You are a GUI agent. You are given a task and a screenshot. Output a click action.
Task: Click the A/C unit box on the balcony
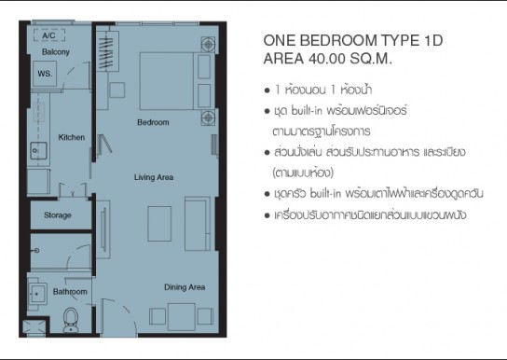[49, 35]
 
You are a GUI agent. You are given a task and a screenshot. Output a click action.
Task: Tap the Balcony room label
[56, 51]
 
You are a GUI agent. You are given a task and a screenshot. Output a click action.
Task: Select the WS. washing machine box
[45, 74]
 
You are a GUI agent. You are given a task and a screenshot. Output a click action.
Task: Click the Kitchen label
[72, 137]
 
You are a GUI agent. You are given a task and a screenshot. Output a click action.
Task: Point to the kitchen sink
[38, 151]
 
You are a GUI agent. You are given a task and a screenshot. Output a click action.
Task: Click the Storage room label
[58, 215]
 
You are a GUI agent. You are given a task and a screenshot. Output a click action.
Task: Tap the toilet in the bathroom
[71, 320]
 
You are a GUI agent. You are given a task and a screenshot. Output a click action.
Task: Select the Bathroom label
[70, 292]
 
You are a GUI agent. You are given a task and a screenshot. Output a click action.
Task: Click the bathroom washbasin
[37, 294]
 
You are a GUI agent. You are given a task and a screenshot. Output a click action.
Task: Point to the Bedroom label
[153, 122]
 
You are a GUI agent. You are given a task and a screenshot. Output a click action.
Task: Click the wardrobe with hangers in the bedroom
[107, 51]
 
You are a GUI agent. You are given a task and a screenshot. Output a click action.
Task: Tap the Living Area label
[154, 177]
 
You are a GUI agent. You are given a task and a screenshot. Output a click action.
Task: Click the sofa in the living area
[198, 224]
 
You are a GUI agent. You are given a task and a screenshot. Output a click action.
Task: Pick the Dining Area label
[185, 287]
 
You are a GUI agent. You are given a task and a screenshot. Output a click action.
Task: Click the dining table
[182, 317]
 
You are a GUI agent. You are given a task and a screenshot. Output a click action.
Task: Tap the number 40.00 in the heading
[327, 59]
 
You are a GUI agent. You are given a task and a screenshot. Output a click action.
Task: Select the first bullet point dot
[267, 90]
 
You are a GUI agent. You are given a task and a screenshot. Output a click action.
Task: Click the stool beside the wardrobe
[117, 90]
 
